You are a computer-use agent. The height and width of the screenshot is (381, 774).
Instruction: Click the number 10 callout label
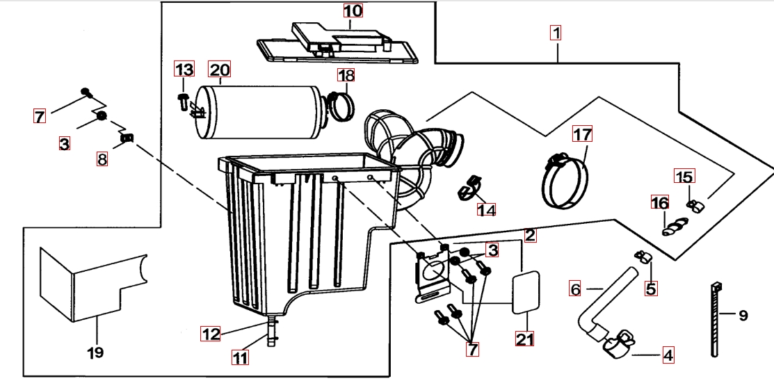[x=353, y=11]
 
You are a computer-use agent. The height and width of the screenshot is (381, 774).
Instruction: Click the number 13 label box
[x=184, y=70]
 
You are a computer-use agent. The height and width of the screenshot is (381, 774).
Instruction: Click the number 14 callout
[x=487, y=209]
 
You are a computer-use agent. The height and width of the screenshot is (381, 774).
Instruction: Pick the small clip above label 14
[x=469, y=187]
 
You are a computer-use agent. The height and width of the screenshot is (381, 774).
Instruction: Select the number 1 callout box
[x=556, y=33]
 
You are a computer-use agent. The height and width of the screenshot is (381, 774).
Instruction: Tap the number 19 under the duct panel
[x=96, y=352]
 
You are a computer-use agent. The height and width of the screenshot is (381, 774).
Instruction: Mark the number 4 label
[x=668, y=356]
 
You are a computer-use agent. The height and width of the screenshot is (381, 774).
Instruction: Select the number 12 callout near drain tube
[x=211, y=334]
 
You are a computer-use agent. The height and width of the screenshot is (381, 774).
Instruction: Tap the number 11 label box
[x=240, y=359]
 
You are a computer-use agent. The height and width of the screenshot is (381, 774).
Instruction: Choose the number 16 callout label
[x=659, y=203]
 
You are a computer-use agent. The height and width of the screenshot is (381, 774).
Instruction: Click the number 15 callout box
[x=684, y=177]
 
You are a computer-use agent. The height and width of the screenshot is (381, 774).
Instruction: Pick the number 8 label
[x=102, y=159]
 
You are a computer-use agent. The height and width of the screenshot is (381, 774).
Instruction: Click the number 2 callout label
[x=530, y=235]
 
